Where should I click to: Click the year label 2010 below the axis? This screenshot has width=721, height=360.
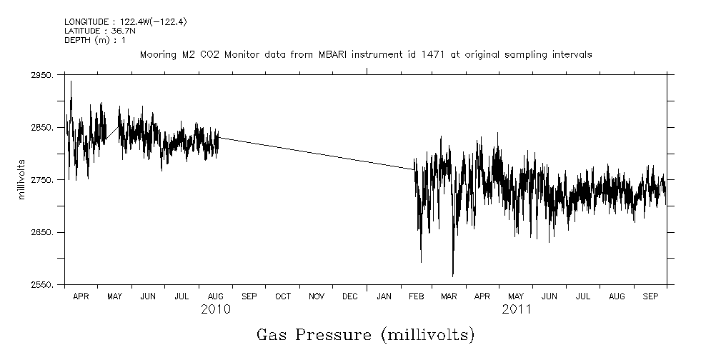pyautogui.click(x=215, y=309)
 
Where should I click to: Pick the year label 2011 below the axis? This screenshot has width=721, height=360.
pyautogui.click(x=516, y=309)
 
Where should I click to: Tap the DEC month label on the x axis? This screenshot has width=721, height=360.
pyautogui.click(x=350, y=296)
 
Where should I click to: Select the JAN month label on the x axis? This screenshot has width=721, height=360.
pyautogui.click(x=384, y=296)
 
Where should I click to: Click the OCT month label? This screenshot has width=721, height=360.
pyautogui.click(x=283, y=296)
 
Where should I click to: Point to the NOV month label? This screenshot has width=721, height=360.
pyautogui.click(x=317, y=296)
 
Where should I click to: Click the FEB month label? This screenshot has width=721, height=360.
pyautogui.click(x=416, y=296)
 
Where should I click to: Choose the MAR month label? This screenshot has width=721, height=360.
pyautogui.click(x=449, y=296)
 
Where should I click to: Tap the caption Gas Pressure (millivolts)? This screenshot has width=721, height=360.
pyautogui.click(x=365, y=335)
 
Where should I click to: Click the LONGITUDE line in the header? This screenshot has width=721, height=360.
pyautogui.click(x=116, y=22)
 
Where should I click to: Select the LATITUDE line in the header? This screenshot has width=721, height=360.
pyautogui.click(x=96, y=31)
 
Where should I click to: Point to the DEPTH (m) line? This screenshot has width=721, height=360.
pyautogui.click(x=95, y=40)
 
